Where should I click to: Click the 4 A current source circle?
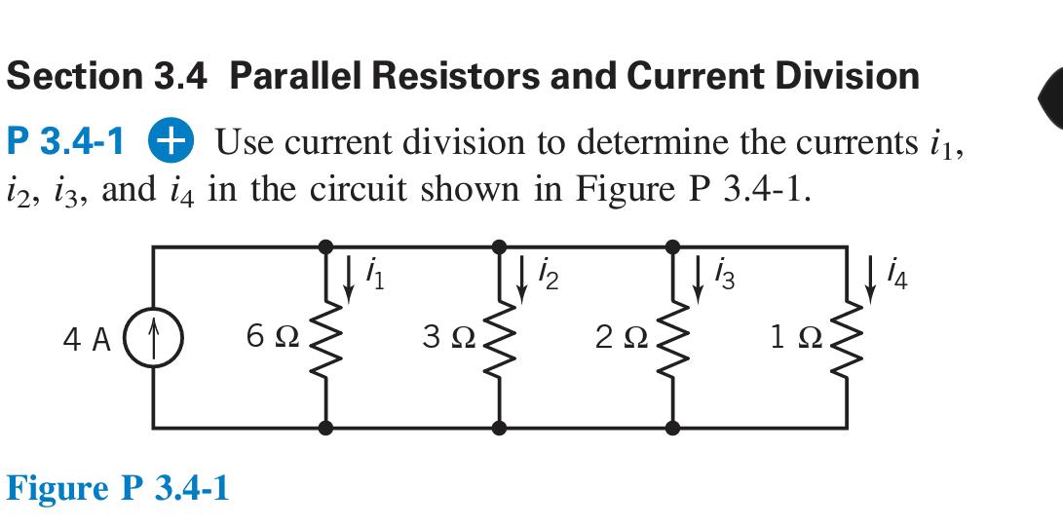153,340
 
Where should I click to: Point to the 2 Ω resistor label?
616,339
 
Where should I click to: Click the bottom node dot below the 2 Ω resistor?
671,427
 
